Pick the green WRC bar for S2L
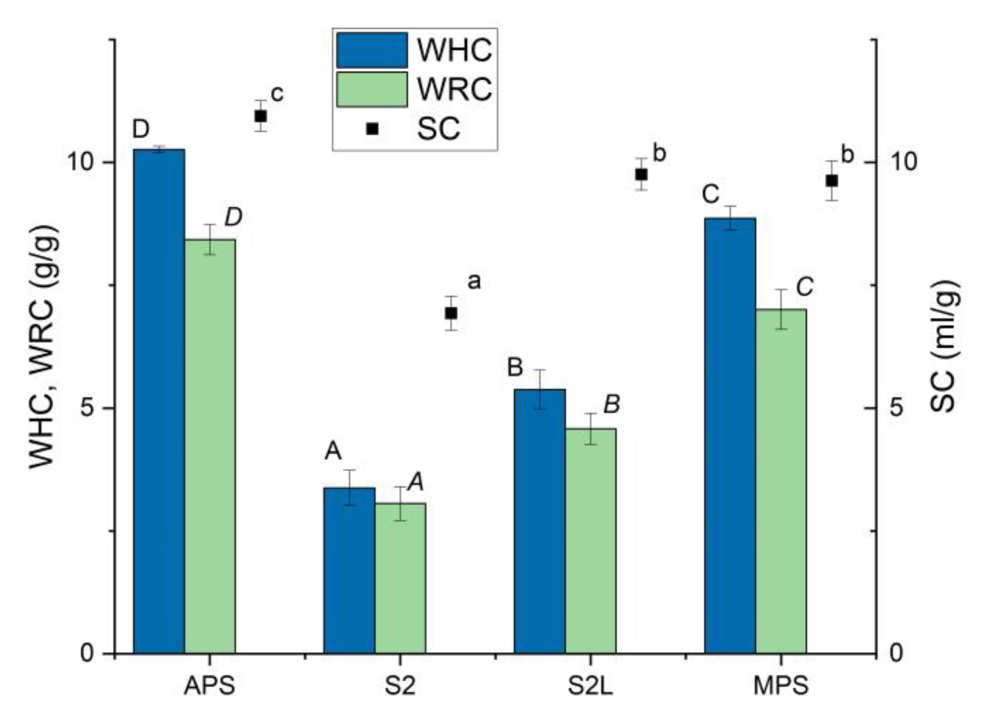[590, 540]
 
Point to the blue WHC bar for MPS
[730, 435]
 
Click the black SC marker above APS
[261, 116]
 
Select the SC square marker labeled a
[451, 313]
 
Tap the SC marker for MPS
[832, 180]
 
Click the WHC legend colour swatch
[372, 50]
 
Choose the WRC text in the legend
[454, 89]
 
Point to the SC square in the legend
[372, 128]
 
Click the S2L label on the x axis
[590, 686]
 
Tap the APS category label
[210, 686]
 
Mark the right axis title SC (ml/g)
[943, 346]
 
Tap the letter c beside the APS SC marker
[277, 94]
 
